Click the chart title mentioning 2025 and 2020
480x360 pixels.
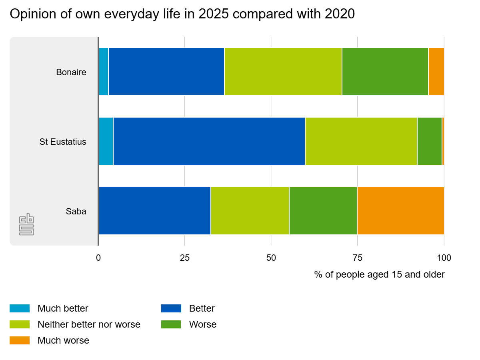pos(182,14)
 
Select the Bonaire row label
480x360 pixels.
pos(71,72)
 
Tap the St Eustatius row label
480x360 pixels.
pos(63,142)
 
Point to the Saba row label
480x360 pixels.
pos(76,211)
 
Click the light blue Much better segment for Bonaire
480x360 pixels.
pos(104,72)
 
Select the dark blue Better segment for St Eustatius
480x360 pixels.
pos(209,141)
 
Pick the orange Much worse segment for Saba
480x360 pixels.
pos(401,211)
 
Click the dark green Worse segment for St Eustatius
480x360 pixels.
pos(430,141)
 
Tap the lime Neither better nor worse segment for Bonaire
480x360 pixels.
pos(283,72)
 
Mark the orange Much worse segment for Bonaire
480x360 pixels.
pos(436,72)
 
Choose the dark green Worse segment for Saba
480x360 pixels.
pos(323,211)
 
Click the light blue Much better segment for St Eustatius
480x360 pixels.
pos(106,141)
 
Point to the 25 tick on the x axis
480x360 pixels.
pos(184,258)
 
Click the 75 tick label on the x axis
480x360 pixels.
pos(357,258)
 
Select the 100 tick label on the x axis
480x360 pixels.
pos(444,258)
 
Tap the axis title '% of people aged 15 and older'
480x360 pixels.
pos(380,274)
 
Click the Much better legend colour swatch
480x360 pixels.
pos(20,308)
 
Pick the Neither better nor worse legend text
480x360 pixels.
pos(89,324)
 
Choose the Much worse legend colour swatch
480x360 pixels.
pos(20,340)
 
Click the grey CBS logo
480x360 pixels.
pos(26,224)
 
